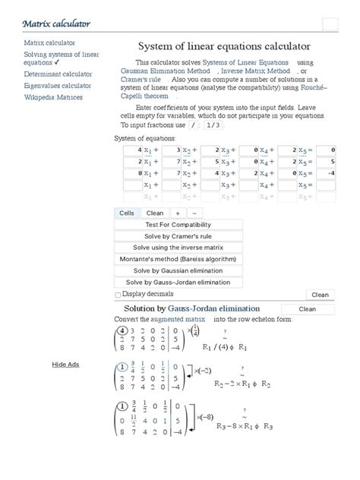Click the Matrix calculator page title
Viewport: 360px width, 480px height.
click(x=57, y=24)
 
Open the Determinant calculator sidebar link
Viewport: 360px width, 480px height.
click(x=58, y=74)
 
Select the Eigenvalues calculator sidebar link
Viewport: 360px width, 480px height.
click(x=58, y=86)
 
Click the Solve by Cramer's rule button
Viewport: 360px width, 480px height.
click(x=178, y=236)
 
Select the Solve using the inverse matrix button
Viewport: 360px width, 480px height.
click(x=178, y=248)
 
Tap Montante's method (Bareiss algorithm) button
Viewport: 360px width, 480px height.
click(x=178, y=259)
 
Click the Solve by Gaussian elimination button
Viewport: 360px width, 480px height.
click(x=178, y=270)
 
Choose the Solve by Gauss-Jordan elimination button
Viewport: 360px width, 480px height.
click(x=178, y=282)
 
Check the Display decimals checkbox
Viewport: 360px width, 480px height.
click(x=118, y=295)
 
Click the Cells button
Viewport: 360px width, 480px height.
click(x=127, y=213)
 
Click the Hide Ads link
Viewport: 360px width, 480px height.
click(x=65, y=365)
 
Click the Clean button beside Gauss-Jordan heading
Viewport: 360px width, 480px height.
click(x=307, y=309)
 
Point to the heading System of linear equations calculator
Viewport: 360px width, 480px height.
click(x=224, y=46)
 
